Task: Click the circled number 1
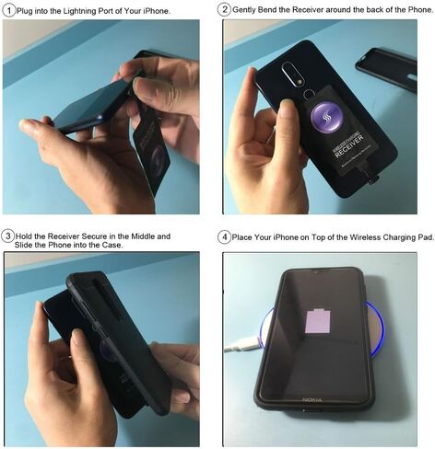tap(8, 9)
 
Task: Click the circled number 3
tap(8, 236)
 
